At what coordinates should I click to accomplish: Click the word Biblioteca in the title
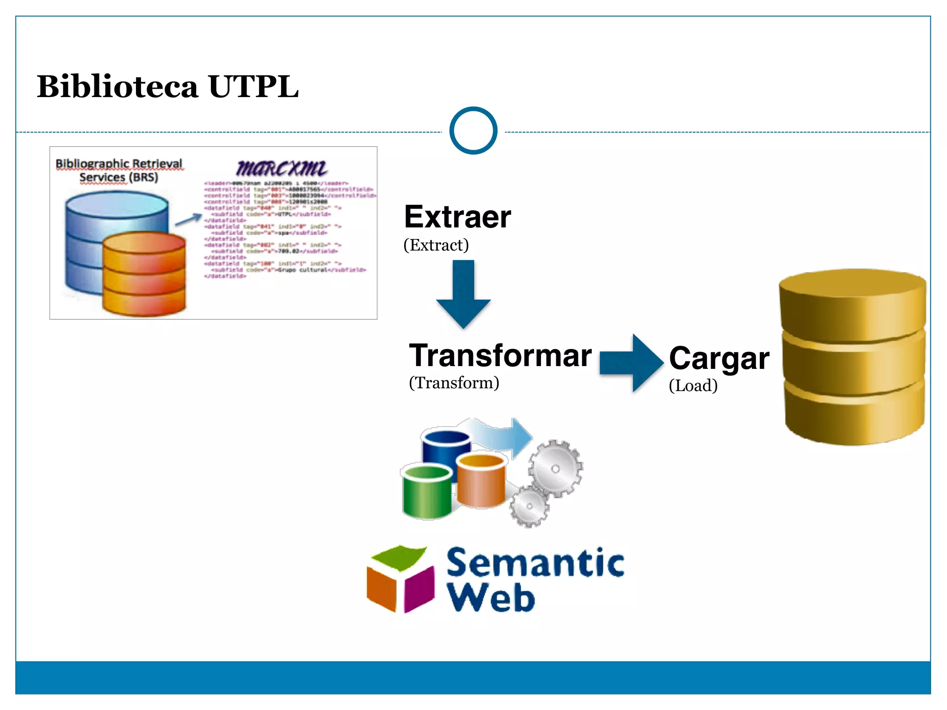117,86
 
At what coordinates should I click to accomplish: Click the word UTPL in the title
253,86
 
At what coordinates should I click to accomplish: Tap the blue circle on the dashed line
473,131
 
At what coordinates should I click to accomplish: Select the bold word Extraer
457,217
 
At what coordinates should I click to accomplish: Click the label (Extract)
436,245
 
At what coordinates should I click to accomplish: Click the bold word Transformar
500,355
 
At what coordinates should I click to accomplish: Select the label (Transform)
454,383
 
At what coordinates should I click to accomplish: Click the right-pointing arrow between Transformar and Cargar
632,363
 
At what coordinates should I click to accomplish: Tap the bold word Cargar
719,359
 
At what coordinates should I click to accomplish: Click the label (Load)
693,386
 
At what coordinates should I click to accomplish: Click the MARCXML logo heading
282,168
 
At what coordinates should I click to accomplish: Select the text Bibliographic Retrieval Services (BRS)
119,170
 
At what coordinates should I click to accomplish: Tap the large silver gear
555,468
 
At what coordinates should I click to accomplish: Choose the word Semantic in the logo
535,563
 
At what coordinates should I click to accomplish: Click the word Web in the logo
491,597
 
